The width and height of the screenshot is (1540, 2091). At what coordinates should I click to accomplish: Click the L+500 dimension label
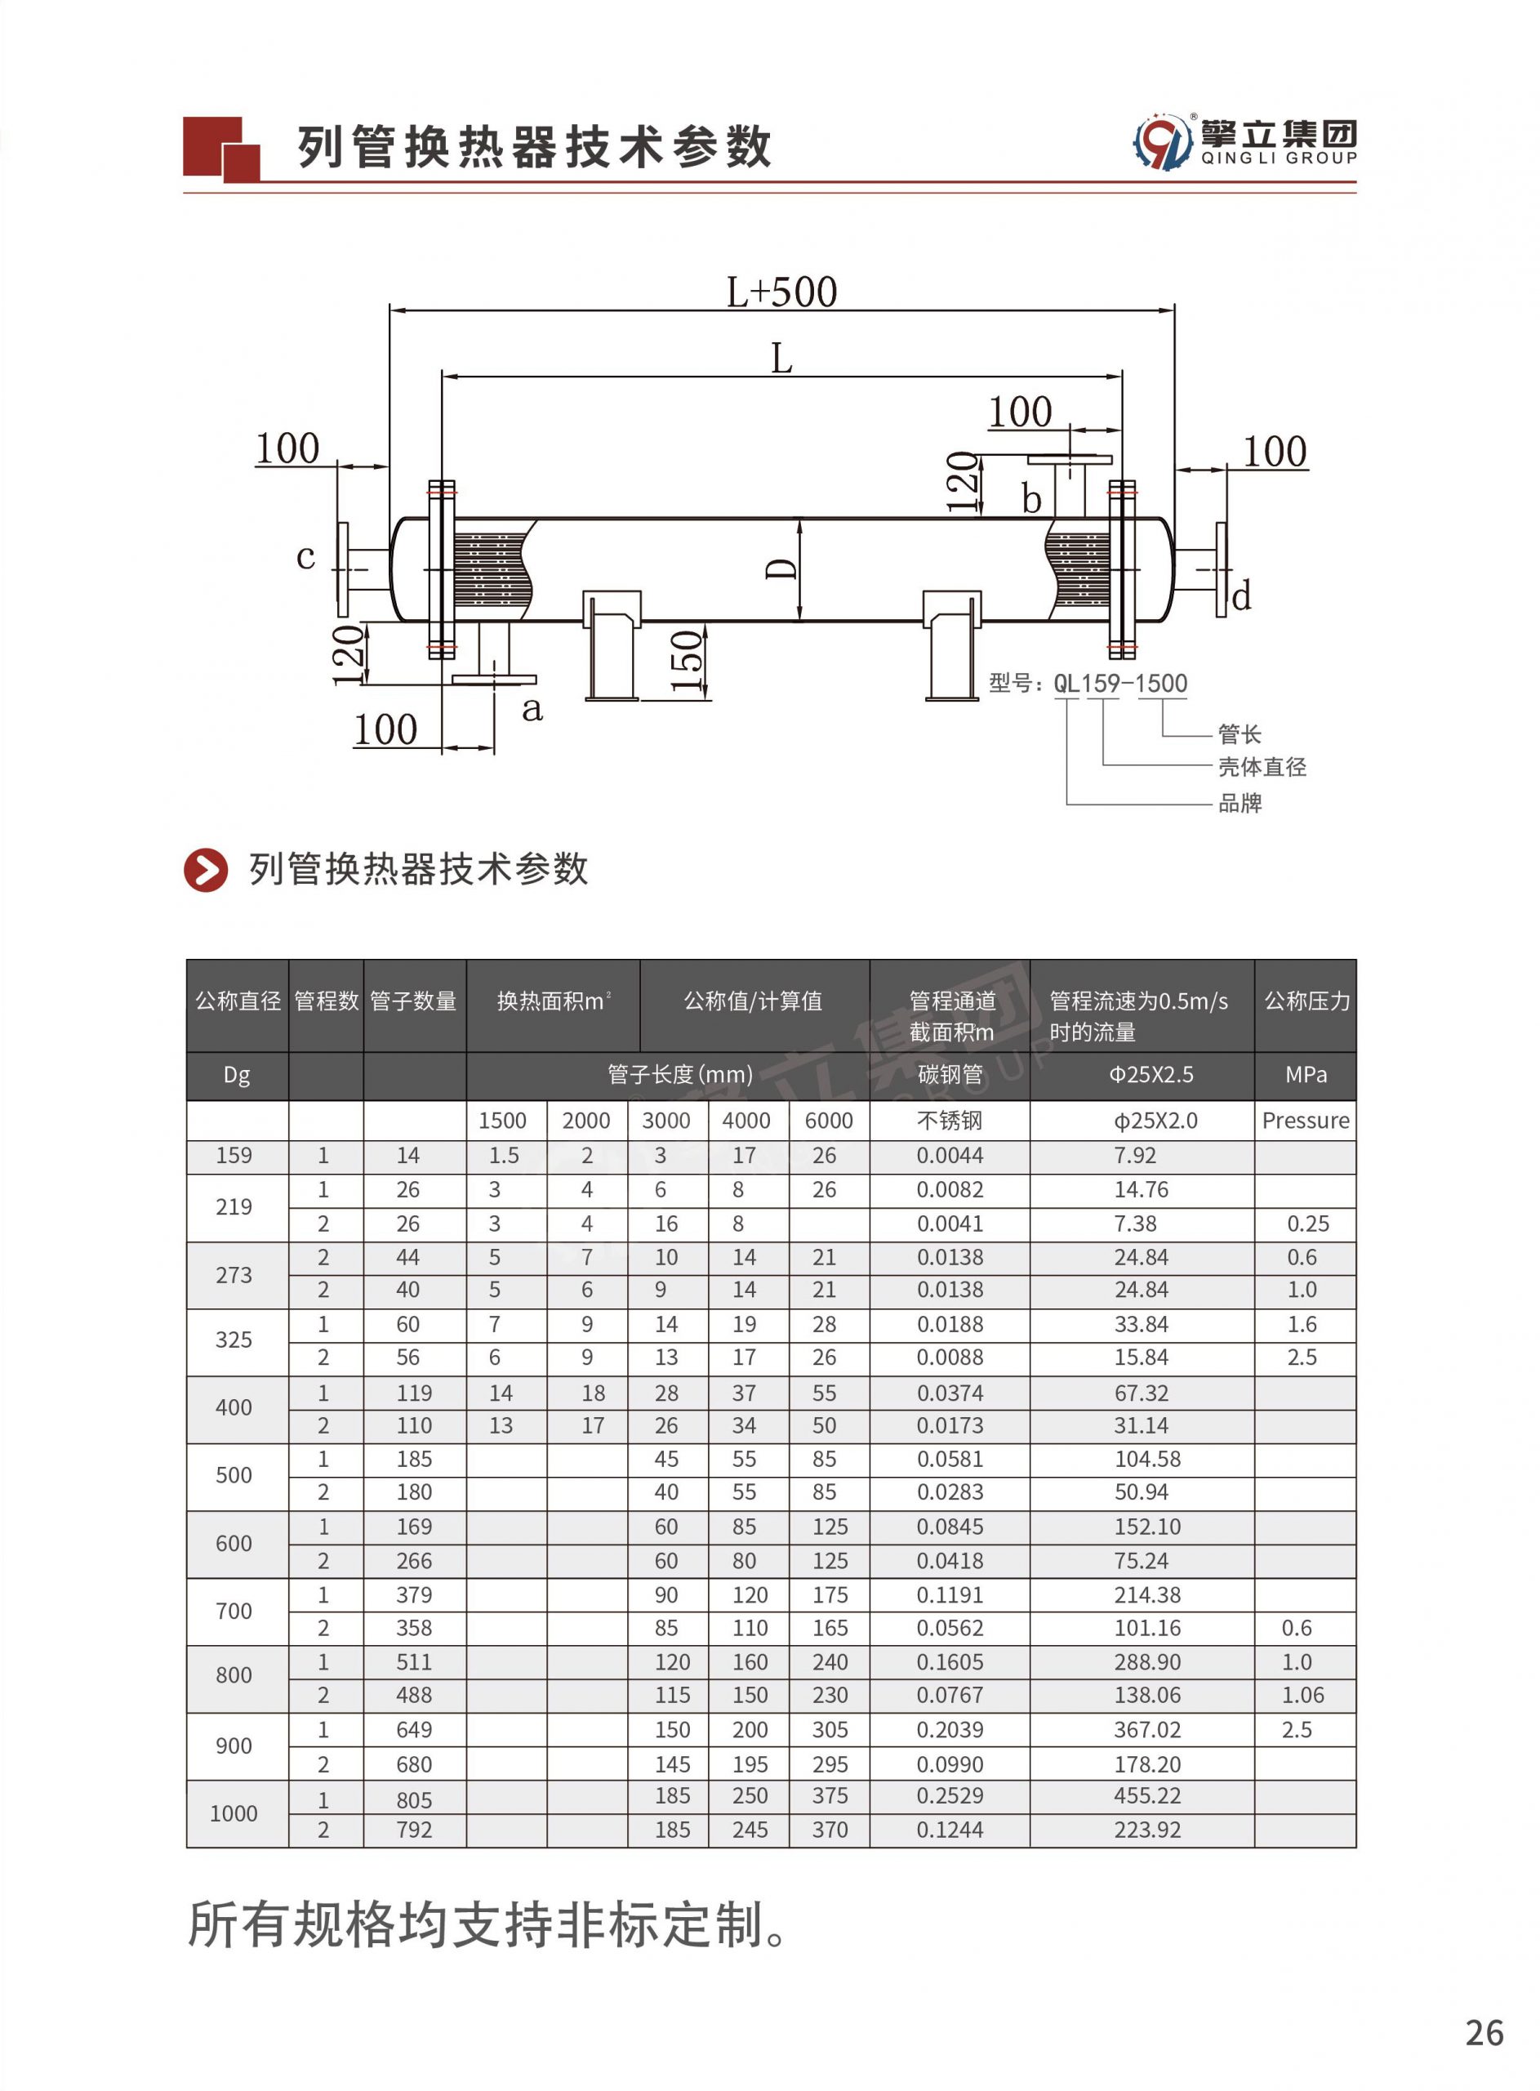coord(781,292)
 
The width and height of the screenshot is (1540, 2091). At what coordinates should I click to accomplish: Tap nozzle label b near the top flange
coord(1031,500)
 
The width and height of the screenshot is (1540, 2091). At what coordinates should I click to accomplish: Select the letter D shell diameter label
coord(781,568)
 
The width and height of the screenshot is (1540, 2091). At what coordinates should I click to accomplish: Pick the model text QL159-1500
coord(1119,684)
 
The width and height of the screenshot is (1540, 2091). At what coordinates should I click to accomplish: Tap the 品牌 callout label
coord(1240,803)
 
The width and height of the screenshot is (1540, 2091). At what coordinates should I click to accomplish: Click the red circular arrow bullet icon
coord(206,870)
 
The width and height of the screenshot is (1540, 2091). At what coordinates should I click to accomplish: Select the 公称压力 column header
coord(1306,1001)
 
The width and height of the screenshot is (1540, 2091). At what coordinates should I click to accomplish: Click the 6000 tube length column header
coord(828,1121)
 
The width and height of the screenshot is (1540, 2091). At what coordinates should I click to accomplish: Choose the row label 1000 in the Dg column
coord(233,1813)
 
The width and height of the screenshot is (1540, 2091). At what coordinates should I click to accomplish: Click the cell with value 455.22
coord(1146,1795)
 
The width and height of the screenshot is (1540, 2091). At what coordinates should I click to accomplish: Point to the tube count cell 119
coord(414,1393)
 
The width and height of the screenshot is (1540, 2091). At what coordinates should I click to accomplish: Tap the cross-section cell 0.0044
coord(949,1155)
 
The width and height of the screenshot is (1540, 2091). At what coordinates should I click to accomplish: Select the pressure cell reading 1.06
coord(1302,1695)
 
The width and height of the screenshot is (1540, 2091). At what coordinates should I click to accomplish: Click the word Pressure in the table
coord(1305,1121)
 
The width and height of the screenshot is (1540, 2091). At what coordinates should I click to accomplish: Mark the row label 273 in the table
coord(233,1274)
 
